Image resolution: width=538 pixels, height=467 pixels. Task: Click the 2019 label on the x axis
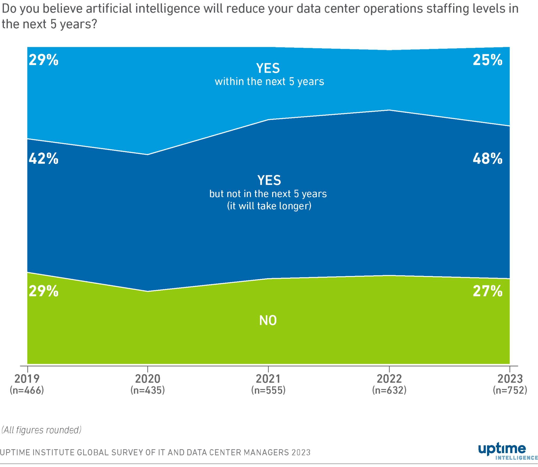pyautogui.click(x=27, y=379)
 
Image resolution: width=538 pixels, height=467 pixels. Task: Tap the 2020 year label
pyautogui.click(x=148, y=379)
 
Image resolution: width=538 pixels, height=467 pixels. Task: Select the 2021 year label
pyautogui.click(x=268, y=379)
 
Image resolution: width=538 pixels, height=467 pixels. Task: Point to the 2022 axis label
pyautogui.click(x=389, y=379)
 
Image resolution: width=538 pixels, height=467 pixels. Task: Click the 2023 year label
pyautogui.click(x=510, y=379)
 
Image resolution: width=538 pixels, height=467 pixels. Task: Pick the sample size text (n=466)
pyautogui.click(x=27, y=390)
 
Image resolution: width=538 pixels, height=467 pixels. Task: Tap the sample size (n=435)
pyautogui.click(x=148, y=390)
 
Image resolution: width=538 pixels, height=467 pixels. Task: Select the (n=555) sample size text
pyautogui.click(x=268, y=390)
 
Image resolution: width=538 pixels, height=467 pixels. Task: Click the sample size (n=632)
pyautogui.click(x=389, y=390)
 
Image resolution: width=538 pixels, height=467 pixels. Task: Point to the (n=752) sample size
pyautogui.click(x=510, y=390)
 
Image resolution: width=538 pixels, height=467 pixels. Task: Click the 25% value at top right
pyautogui.click(x=487, y=60)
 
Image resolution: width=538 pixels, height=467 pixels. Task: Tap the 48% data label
pyautogui.click(x=487, y=159)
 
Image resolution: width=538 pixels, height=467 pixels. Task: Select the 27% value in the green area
pyautogui.click(x=487, y=291)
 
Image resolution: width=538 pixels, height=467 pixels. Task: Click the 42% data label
pyautogui.click(x=44, y=159)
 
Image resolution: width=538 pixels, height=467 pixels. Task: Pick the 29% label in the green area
pyautogui.click(x=44, y=291)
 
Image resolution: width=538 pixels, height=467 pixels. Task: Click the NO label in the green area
pyautogui.click(x=268, y=320)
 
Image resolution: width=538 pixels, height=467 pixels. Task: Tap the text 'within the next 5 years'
pyautogui.click(x=269, y=82)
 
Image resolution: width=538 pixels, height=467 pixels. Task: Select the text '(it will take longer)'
pyautogui.click(x=269, y=206)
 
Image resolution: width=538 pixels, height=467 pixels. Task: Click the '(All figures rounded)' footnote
pyautogui.click(x=41, y=430)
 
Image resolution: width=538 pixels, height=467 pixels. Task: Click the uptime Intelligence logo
pyautogui.click(x=506, y=452)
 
